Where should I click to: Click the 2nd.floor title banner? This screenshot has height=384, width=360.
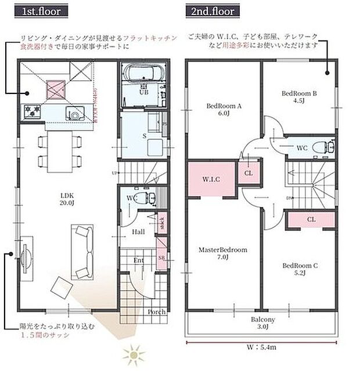click(210, 11)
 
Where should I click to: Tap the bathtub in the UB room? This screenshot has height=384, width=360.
click(143, 75)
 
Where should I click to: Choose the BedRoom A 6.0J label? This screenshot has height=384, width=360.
click(224, 110)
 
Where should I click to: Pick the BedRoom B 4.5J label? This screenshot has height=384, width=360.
click(298, 96)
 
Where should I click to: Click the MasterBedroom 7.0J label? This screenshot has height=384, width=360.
click(223, 253)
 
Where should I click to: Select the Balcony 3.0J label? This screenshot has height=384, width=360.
click(263, 323)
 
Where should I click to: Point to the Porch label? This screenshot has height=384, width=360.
click(156, 312)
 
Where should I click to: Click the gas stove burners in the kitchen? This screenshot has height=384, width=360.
click(31, 110)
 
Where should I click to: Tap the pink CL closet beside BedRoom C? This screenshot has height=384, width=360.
click(311, 220)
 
